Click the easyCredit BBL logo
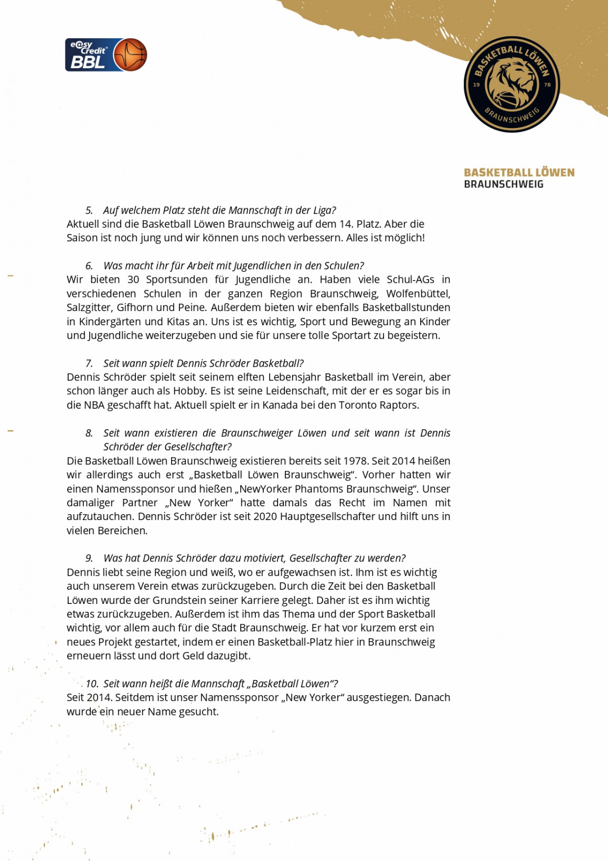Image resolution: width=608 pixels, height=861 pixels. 105,55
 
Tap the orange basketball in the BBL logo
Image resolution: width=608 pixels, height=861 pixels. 130,55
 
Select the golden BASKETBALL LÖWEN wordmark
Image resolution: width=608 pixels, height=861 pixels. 519,173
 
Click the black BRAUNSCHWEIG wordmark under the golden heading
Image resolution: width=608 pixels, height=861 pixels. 504,184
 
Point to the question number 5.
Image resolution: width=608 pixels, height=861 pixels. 89,210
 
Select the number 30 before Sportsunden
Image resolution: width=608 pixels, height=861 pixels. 133,280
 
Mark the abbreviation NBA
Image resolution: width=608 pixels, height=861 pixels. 94,405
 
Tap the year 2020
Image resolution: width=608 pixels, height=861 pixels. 265,517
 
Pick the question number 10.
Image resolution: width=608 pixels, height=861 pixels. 92,684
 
